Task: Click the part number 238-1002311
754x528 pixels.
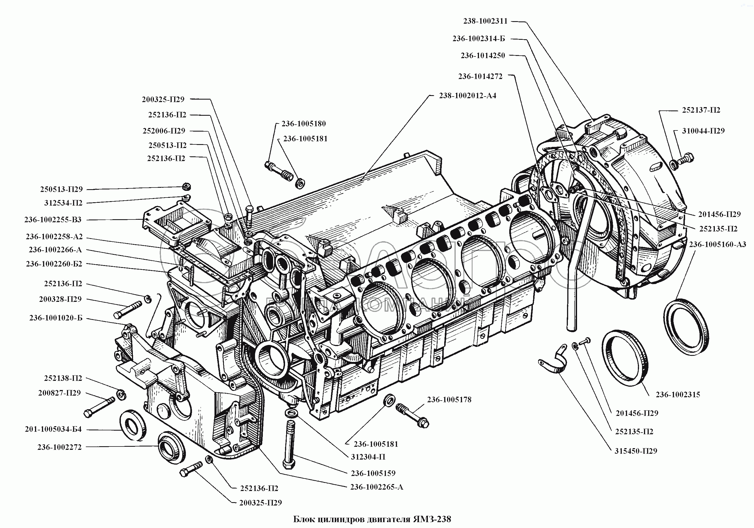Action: pos(485,21)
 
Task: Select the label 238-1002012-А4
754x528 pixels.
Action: pos(467,96)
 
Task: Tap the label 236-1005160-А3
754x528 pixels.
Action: pos(718,244)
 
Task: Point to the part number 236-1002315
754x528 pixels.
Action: pos(678,394)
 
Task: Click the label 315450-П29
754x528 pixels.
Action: pos(636,451)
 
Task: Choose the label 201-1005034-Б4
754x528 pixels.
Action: pos(53,429)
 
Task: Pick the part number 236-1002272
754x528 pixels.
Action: pos(59,447)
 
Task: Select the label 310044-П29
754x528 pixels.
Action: pos(703,130)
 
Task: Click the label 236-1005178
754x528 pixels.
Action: pos(449,399)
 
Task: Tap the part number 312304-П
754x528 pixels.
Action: pos(368,457)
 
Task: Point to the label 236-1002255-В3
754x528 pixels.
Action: pos(53,219)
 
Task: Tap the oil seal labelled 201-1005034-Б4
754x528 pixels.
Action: pos(133,425)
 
